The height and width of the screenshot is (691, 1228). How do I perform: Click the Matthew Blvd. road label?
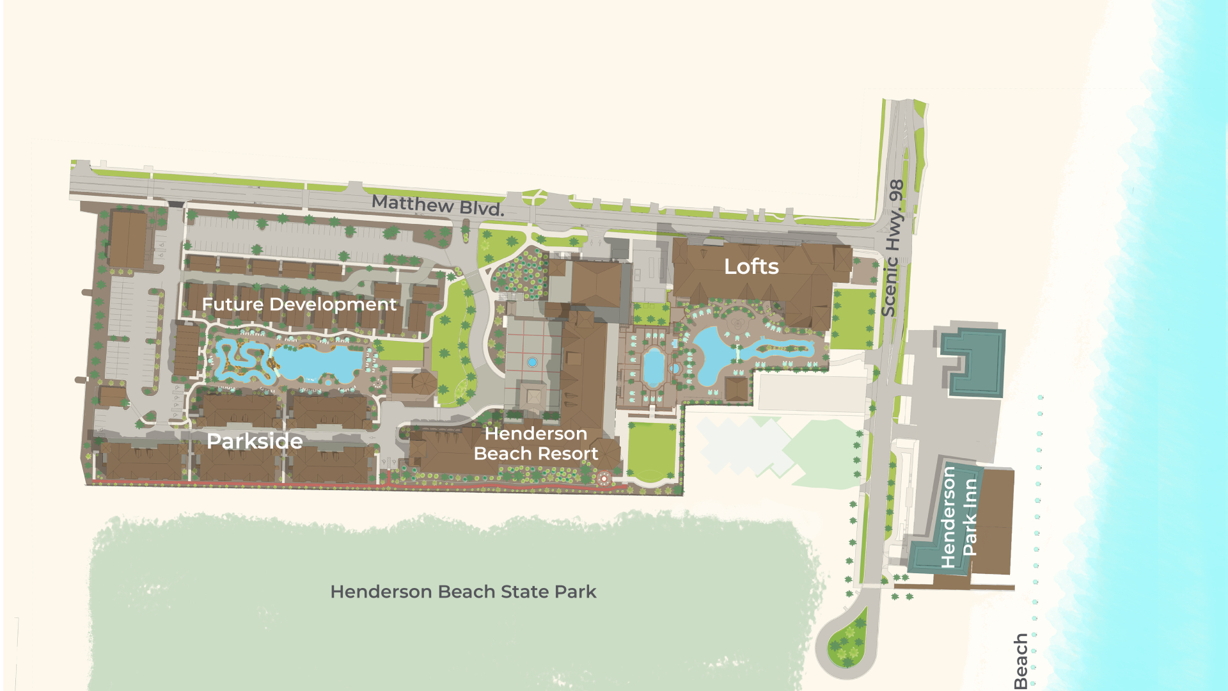click(x=437, y=205)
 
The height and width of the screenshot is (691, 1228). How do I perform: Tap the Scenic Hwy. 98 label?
click(x=894, y=248)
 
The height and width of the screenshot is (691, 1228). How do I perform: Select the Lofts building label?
click(x=751, y=267)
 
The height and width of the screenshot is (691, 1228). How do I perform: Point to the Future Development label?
click(x=299, y=304)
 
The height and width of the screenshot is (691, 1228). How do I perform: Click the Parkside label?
click(x=255, y=441)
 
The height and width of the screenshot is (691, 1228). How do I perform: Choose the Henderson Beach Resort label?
click(x=536, y=443)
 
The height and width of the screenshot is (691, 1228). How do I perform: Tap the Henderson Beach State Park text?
click(x=463, y=592)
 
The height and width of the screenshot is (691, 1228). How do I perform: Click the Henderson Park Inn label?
click(x=959, y=517)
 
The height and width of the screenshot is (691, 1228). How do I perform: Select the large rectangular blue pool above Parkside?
click(x=317, y=363)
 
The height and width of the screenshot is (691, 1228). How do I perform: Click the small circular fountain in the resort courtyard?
click(x=532, y=362)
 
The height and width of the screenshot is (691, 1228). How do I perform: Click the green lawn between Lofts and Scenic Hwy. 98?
click(x=853, y=319)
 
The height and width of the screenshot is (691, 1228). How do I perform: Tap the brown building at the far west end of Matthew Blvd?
click(x=127, y=238)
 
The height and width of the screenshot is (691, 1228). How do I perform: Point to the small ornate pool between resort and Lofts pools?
click(x=654, y=367)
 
